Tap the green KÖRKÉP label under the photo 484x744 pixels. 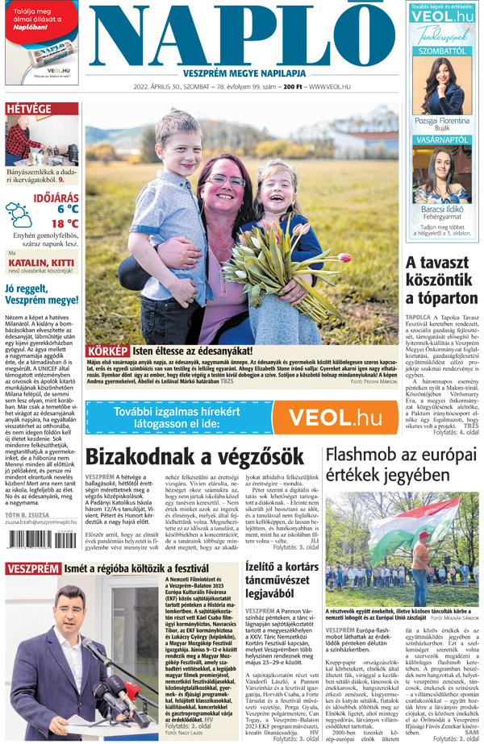point(108,351)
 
